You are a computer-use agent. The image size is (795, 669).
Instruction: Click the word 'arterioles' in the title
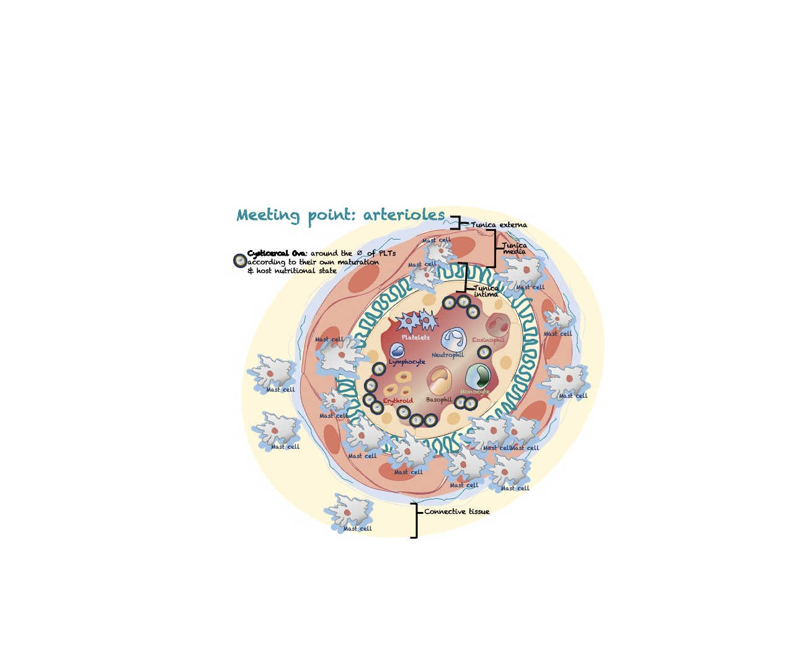point(404,215)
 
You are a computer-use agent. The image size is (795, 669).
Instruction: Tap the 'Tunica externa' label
point(499,225)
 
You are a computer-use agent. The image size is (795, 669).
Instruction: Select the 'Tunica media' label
point(514,248)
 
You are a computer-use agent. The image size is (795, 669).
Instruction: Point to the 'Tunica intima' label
point(486,291)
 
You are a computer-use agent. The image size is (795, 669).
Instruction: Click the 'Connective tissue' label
point(457,511)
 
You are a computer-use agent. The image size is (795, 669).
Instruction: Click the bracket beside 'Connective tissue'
point(415,520)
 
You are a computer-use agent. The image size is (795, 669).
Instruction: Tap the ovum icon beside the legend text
point(240,261)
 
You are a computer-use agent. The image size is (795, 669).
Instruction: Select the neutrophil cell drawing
point(454,339)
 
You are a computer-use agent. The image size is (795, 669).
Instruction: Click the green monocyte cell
point(477,376)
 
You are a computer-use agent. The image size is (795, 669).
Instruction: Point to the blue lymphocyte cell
point(397,351)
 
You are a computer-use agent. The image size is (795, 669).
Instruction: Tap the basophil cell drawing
point(440,380)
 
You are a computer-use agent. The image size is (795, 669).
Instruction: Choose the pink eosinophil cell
point(497,325)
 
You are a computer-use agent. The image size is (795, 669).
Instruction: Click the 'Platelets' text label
point(415,337)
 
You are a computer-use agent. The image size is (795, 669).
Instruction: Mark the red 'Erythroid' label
point(397,401)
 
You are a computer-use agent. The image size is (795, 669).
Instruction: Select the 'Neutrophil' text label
point(447,355)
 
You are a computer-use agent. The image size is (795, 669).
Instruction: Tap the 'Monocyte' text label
point(474,392)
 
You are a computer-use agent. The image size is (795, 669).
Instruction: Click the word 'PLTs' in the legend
point(387,253)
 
